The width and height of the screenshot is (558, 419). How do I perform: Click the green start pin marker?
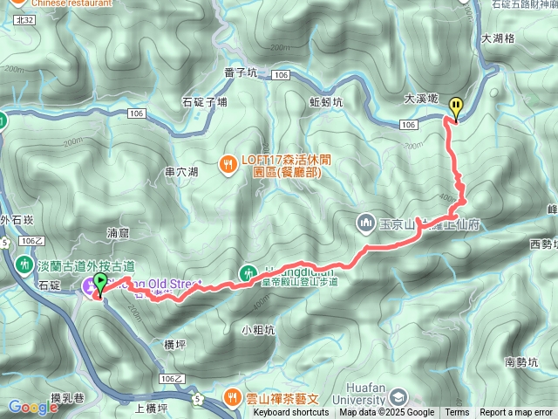pos(99,284)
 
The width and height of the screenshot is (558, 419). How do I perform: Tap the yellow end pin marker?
pos(455,107)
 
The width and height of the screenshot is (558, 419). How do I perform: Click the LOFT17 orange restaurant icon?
pos(228,162)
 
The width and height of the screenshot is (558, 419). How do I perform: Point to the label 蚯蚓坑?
pos(326,101)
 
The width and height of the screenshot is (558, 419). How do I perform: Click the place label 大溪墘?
pos(421,100)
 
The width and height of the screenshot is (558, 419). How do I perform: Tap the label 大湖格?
pos(498,39)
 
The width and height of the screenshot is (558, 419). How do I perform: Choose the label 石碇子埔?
pos(203,101)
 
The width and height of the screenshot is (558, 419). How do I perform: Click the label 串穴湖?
pos(181,172)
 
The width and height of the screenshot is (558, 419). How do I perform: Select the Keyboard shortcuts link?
pos(293,413)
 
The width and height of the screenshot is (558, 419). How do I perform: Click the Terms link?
pos(457,413)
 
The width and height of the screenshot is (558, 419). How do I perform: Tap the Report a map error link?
pos(516,413)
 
